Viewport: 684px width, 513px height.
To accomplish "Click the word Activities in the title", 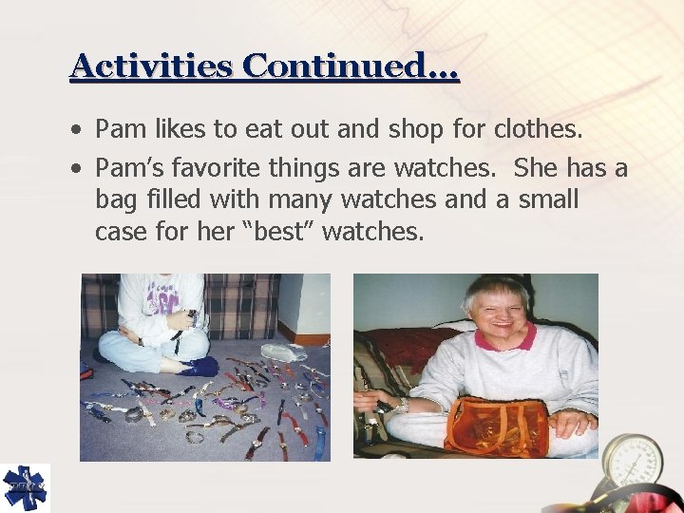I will click(151, 66).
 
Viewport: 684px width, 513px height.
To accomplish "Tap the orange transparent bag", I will click(496, 427).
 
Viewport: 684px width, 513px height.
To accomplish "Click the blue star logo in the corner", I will click(25, 488).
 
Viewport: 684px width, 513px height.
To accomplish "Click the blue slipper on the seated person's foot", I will click(200, 365).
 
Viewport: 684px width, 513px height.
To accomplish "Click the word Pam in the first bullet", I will click(121, 127).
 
